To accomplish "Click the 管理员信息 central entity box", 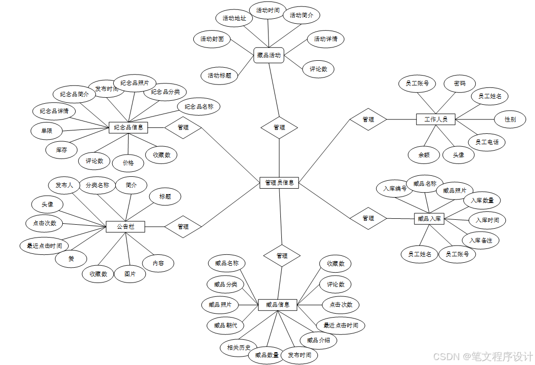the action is [x=279, y=183].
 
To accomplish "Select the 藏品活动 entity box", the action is [x=269, y=55].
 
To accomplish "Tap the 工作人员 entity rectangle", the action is [x=436, y=119].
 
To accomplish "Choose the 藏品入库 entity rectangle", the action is [x=429, y=218].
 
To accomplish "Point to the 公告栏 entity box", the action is [x=126, y=227].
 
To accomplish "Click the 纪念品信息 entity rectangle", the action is [x=129, y=127].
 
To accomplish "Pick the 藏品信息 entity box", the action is [x=277, y=305].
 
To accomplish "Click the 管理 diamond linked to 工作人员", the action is [x=368, y=119].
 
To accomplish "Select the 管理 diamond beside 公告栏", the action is [x=183, y=227].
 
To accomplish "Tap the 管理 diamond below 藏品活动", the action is [x=279, y=127].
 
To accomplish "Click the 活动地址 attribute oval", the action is [x=234, y=18].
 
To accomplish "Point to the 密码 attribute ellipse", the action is [x=460, y=83].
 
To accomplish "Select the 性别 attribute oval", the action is [x=510, y=119].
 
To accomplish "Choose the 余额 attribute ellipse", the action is [x=424, y=155].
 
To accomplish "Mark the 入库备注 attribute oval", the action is [x=481, y=240].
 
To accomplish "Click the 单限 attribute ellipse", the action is [x=47, y=131].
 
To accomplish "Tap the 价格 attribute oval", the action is [x=128, y=162].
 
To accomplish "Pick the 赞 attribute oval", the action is [x=71, y=258].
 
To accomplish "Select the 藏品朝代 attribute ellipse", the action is [x=225, y=325].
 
